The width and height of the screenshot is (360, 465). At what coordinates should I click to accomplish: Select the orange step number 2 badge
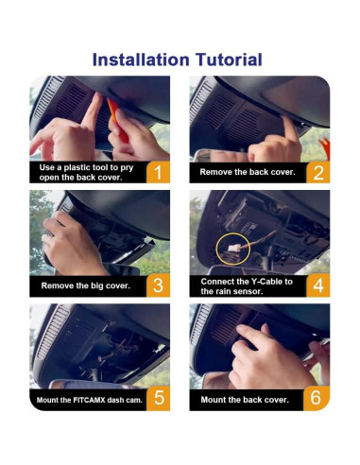point(317,172)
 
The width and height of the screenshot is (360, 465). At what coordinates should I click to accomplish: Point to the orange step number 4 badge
point(317,285)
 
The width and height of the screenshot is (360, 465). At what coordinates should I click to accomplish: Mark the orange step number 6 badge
point(317,398)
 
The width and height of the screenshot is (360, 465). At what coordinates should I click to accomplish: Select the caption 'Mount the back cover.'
point(245,400)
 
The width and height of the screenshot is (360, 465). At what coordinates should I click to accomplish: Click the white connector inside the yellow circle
point(230,249)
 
